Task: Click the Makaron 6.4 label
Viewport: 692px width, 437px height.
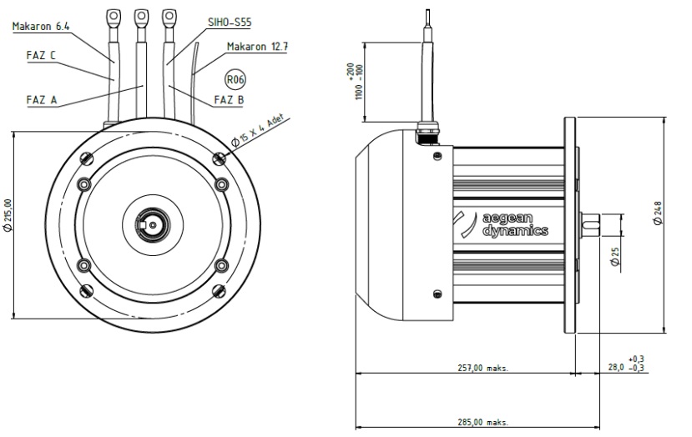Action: pos(41,27)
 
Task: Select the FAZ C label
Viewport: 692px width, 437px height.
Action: pos(41,56)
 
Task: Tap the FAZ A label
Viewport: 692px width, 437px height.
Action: pos(42,100)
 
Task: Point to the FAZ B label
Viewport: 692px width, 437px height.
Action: pos(229,100)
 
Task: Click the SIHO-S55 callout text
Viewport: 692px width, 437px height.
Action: pos(230,22)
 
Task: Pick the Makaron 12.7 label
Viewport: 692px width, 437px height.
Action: pos(257,47)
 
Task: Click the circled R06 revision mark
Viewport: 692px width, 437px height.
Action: pos(235,80)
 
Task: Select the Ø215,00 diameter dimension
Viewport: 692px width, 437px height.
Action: pos(8,215)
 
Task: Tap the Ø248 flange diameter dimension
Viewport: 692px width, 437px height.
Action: pos(658,213)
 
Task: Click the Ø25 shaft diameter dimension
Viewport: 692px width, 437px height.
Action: pos(614,256)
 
